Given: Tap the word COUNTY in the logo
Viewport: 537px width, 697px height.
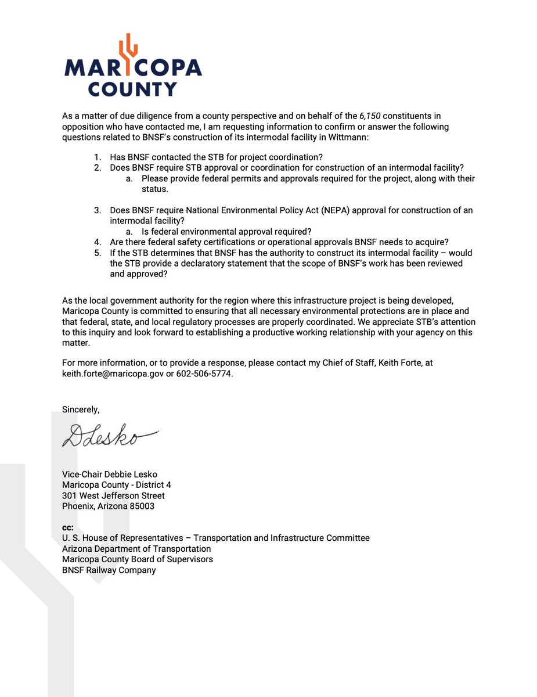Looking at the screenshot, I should (132, 89).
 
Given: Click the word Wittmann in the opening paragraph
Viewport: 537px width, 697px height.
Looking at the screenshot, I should (340, 137).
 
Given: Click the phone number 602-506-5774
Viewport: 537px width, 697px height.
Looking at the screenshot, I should (204, 373).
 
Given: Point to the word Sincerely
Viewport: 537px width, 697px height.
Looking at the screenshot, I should (81, 409).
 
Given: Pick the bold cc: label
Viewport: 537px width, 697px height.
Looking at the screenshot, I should (69, 527).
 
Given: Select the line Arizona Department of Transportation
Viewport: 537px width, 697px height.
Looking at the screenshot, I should (136, 548).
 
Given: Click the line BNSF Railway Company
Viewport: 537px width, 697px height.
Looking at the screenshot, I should (109, 570).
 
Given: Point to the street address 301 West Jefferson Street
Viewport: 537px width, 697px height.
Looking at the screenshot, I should (113, 495).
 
